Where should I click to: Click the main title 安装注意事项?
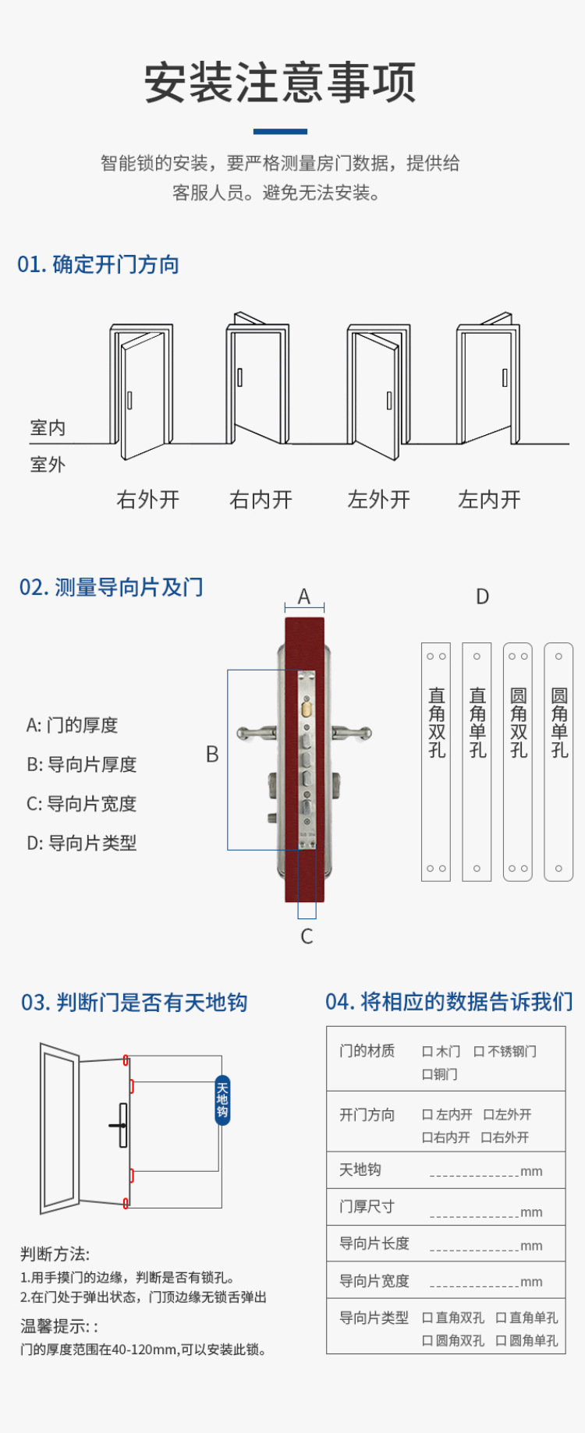280,83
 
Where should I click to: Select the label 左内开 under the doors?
489,500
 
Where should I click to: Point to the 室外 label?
48,465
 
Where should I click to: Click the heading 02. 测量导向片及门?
112,587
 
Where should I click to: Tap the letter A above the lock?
304,596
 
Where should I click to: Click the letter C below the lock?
307,936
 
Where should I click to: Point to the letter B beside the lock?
212,754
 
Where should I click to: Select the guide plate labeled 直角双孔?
436,762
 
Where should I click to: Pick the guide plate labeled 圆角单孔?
558,762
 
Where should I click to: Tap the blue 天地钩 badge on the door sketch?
222,1100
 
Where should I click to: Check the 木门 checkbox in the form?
427,1052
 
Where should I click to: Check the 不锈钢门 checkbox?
479,1052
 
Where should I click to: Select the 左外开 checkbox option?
489,1115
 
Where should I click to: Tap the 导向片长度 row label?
374,1244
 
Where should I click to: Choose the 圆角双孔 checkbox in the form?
427,1341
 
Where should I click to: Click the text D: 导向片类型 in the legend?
82,843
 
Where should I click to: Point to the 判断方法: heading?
55,1254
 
